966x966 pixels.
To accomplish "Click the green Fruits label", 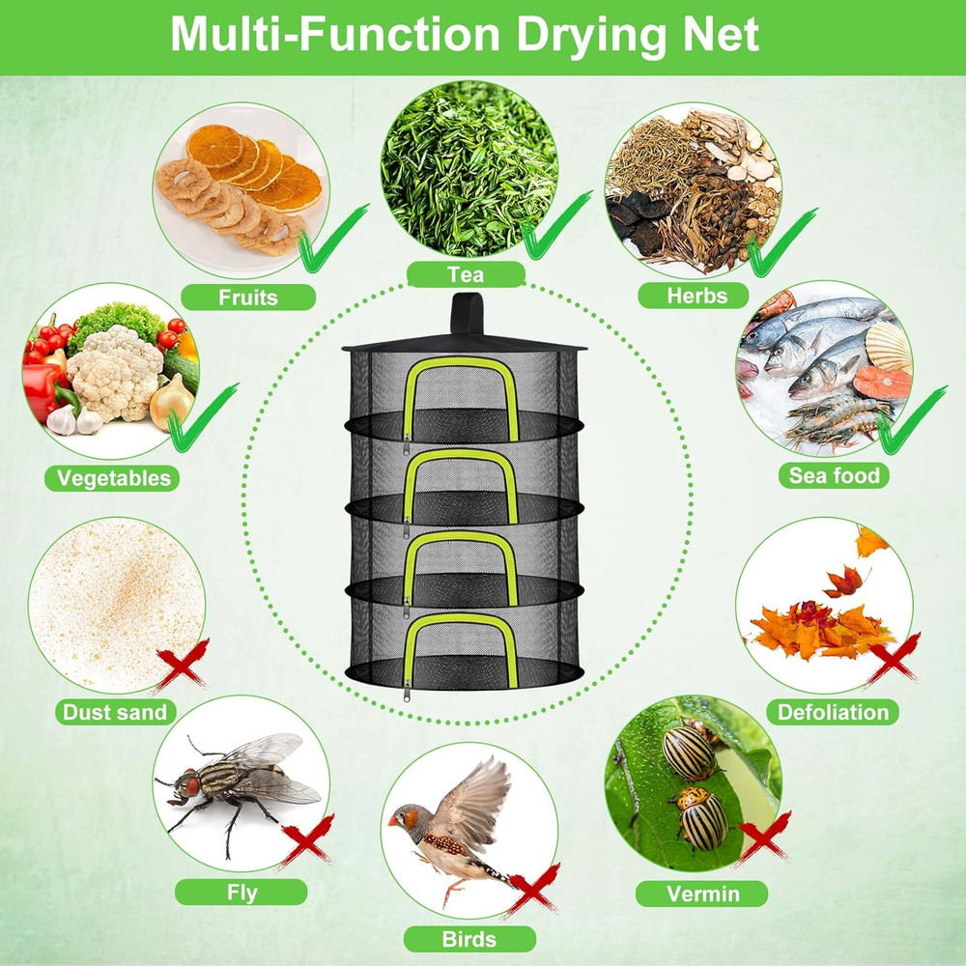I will [x=247, y=298].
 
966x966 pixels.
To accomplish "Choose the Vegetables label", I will [x=113, y=477].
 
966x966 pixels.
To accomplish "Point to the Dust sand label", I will [x=115, y=713].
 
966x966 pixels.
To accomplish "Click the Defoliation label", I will [x=833, y=713].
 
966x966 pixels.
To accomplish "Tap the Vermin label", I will [x=702, y=894].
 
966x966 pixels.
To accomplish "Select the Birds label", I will [x=469, y=938].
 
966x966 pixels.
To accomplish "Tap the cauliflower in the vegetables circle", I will [x=115, y=372].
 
